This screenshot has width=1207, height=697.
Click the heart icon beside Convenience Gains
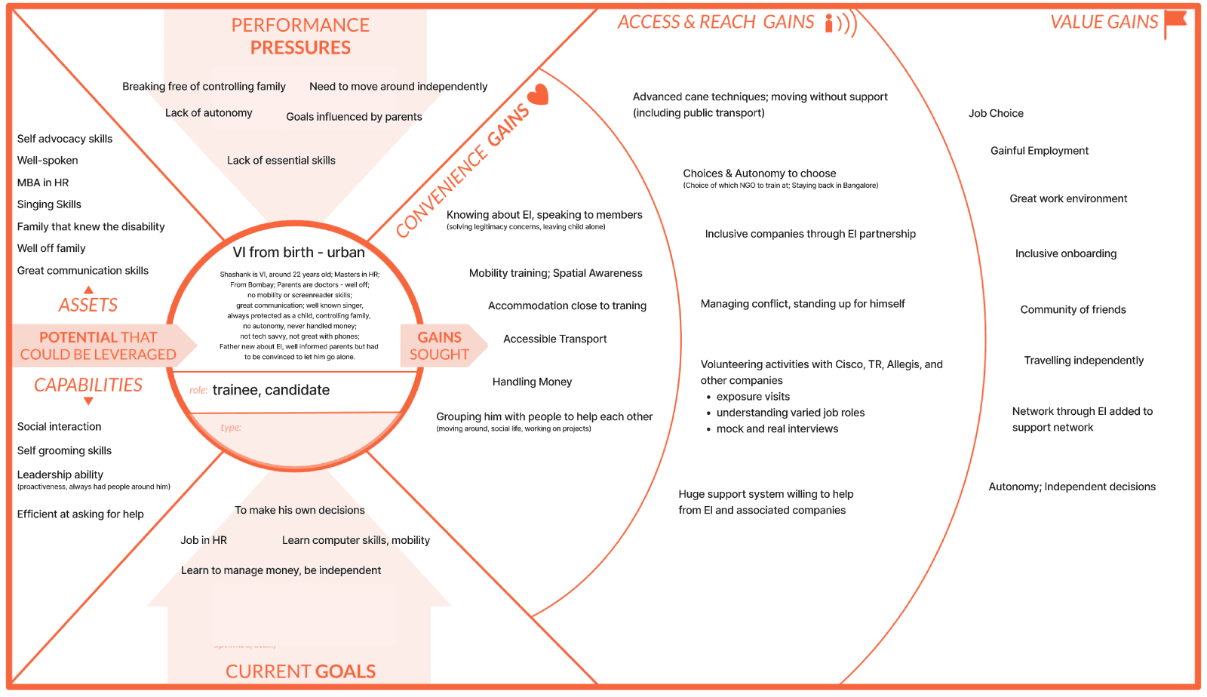538,95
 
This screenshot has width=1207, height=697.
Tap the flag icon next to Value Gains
1175,22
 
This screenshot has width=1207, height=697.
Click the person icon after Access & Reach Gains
830,23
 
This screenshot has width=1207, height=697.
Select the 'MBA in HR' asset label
43,183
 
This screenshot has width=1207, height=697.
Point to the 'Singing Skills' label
49,204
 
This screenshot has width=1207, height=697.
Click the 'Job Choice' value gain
996,113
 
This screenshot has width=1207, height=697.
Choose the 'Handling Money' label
532,382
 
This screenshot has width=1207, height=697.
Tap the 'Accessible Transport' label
554,339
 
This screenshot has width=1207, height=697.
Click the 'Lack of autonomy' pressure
208,113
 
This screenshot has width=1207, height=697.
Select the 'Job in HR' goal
204,540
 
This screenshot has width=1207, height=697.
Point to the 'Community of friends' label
1073,309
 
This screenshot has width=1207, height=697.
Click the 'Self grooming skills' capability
64,450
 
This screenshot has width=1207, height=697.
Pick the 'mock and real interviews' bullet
777,428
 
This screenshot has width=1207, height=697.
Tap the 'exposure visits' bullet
753,397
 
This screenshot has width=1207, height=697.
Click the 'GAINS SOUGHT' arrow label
440,345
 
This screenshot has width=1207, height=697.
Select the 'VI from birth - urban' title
299,253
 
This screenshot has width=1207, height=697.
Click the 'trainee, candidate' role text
271,390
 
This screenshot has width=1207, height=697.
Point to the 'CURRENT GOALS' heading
300,671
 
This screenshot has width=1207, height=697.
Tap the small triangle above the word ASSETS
88,290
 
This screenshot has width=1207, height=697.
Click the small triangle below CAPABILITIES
88,401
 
